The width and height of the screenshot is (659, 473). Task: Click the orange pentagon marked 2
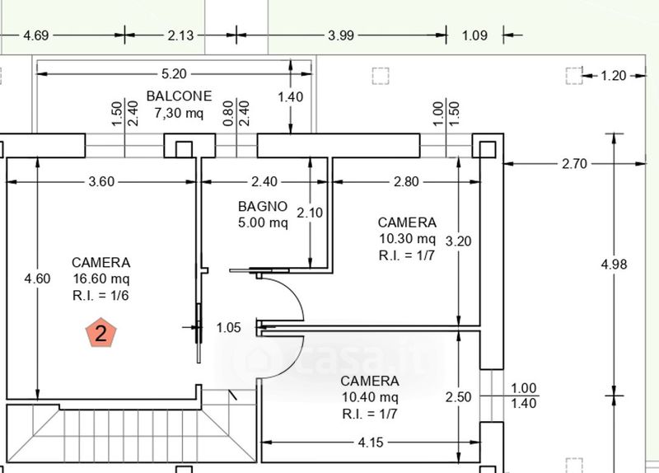(101, 333)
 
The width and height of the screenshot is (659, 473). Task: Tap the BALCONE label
(179, 96)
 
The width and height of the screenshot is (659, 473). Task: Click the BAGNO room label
(263, 207)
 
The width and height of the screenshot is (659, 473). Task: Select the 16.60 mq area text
(100, 279)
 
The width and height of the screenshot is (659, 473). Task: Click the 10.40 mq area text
(370, 397)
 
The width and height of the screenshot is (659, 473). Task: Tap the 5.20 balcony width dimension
(173, 73)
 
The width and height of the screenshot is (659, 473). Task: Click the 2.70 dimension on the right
(574, 163)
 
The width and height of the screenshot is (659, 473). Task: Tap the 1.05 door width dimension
(228, 327)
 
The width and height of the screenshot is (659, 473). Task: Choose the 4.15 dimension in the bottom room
(370, 443)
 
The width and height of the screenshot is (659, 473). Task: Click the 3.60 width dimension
(100, 181)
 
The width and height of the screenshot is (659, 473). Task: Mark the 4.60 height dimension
(37, 279)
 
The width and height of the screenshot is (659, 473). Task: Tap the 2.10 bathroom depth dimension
(310, 212)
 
